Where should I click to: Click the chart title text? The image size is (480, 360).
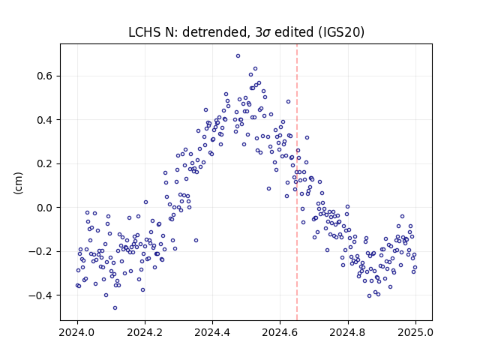pos(246,32)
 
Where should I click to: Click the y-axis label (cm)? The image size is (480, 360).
pos(18,183)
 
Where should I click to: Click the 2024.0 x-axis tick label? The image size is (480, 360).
pos(77,332)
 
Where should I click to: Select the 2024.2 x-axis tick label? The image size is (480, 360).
pos(145,332)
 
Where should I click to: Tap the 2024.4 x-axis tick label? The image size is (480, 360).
pos(212,332)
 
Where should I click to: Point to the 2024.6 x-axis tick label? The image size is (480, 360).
pos(280,332)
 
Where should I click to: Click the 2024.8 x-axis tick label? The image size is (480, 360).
pos(348,332)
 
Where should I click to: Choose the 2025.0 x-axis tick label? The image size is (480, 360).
pos(415,332)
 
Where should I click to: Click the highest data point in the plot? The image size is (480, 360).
pos(238,56)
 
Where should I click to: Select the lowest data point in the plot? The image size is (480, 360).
pos(115,308)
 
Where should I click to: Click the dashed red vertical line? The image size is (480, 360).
pos(297,182)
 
